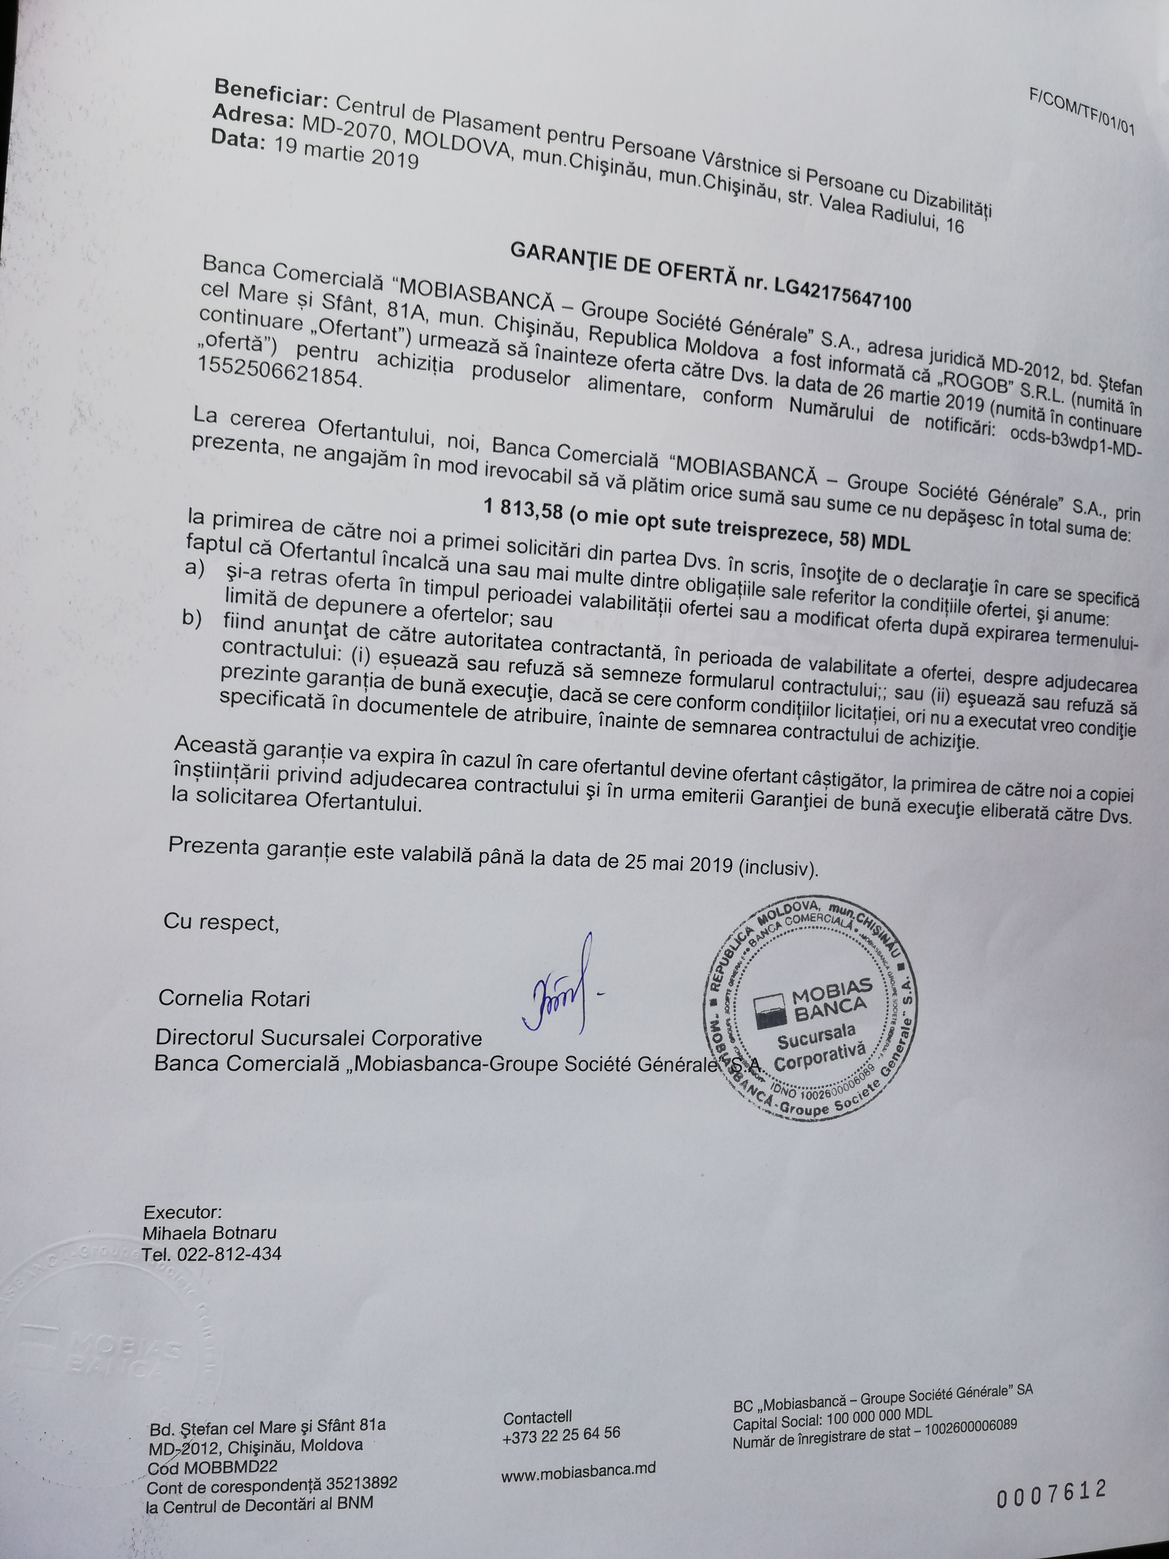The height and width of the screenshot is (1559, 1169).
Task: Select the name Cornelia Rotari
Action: coord(234,998)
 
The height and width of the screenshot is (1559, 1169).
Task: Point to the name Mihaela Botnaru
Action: coord(209,1233)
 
